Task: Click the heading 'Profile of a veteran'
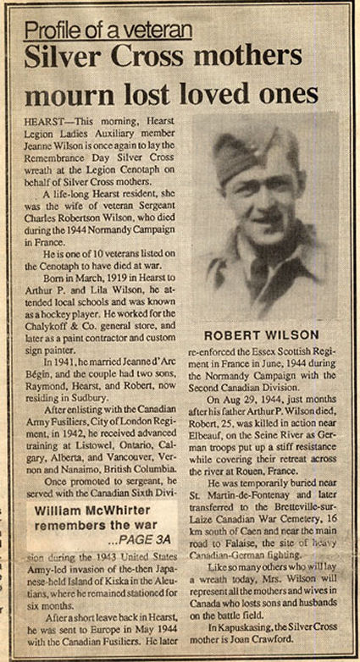108,31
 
